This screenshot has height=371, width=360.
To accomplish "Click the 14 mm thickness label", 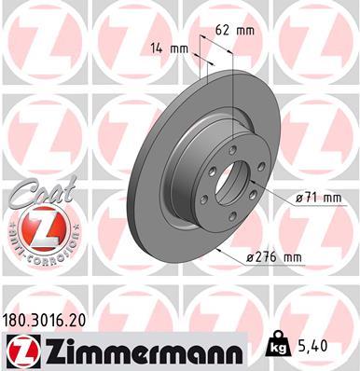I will [167, 48].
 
